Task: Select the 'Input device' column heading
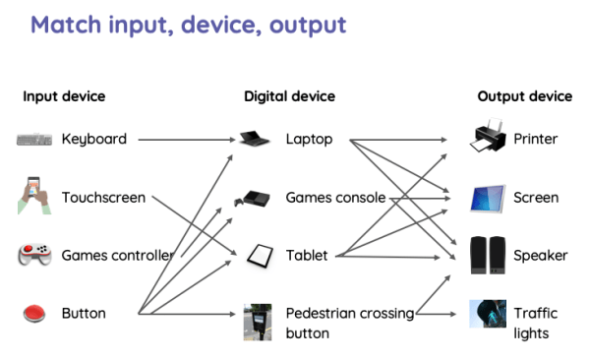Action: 64,96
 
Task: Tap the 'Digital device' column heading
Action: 289,96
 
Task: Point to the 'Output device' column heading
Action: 524,96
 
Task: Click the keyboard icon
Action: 34,140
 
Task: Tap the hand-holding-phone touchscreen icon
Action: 33,196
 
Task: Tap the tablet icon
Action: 258,256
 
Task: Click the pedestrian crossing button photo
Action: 257,323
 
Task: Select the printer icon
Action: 488,138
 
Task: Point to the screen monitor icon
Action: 488,199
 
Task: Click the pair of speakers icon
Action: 488,256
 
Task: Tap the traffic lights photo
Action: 488,315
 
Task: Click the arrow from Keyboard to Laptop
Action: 187,140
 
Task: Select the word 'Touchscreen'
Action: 103,198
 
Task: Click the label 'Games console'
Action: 335,198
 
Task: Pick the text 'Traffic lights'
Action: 535,323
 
